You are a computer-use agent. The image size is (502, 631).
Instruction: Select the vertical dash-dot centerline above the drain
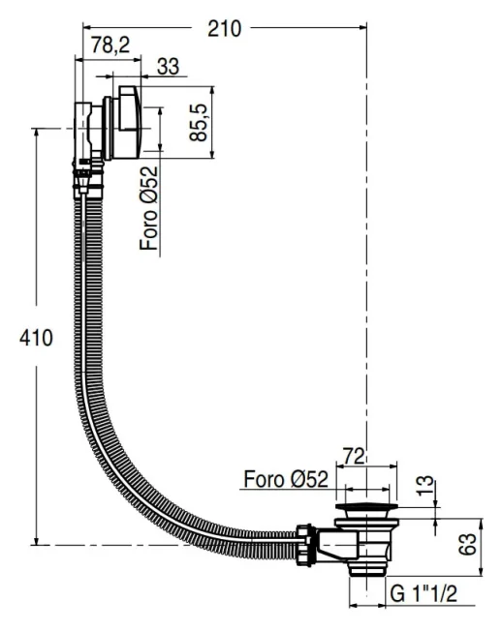coord(366,290)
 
